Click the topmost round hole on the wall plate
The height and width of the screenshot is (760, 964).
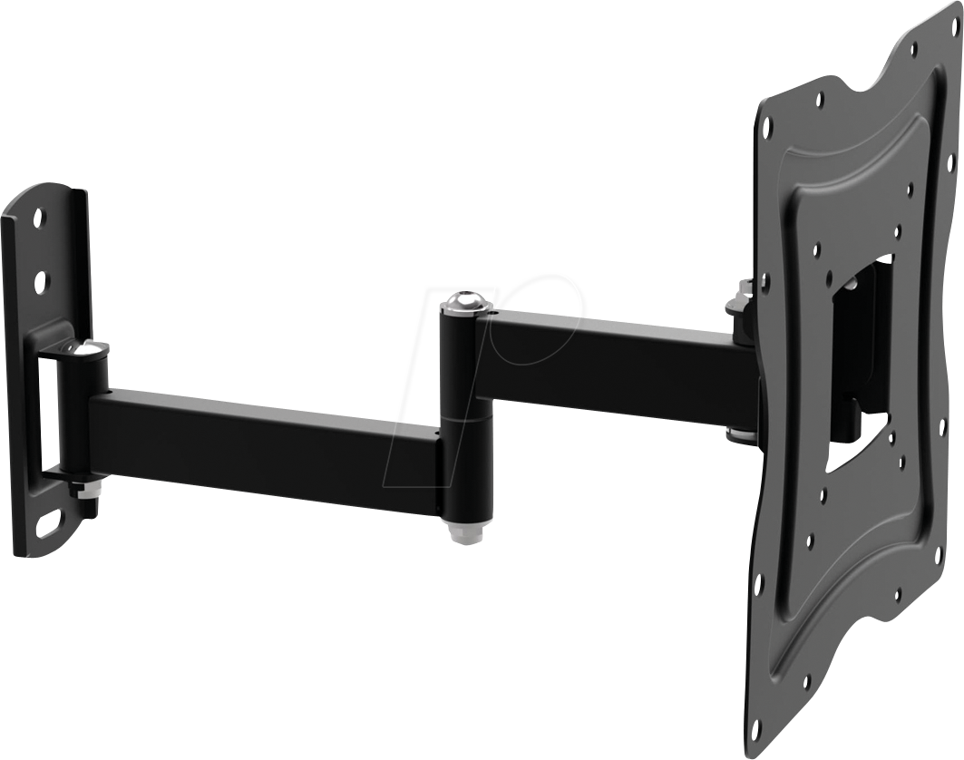coord(38,219)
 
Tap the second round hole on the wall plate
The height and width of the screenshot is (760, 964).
coord(40,282)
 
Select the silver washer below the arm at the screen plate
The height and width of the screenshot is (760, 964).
coord(739,434)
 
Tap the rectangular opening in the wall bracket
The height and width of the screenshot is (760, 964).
coord(44,408)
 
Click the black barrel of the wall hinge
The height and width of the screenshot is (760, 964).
coord(84,413)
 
